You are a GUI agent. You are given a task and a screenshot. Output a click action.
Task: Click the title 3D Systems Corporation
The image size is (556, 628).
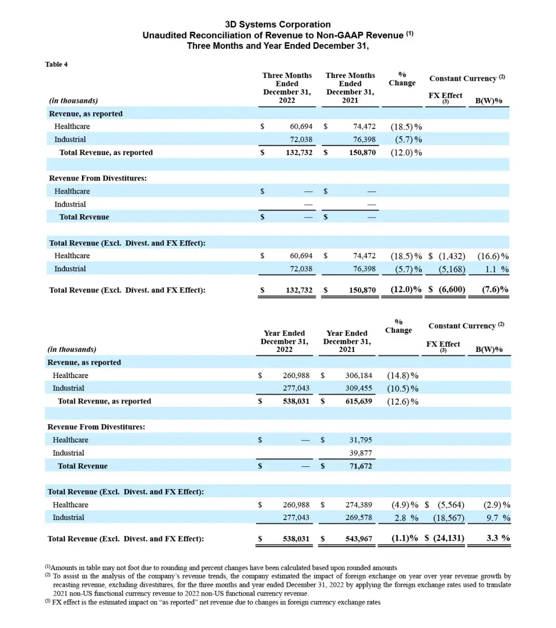coord(277,24)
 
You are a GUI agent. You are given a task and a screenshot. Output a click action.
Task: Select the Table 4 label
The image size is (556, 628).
coord(56,64)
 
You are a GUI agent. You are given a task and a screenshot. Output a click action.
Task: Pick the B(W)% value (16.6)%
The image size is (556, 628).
coord(493,256)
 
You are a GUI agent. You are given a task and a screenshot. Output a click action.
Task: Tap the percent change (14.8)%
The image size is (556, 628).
coord(402,375)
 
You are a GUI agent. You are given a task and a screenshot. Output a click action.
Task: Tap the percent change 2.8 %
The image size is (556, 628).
coord(406,518)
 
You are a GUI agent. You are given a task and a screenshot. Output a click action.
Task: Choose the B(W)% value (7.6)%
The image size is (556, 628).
coord(495,290)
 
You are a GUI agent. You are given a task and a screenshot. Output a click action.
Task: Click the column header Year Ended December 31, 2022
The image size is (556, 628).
coord(284,341)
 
